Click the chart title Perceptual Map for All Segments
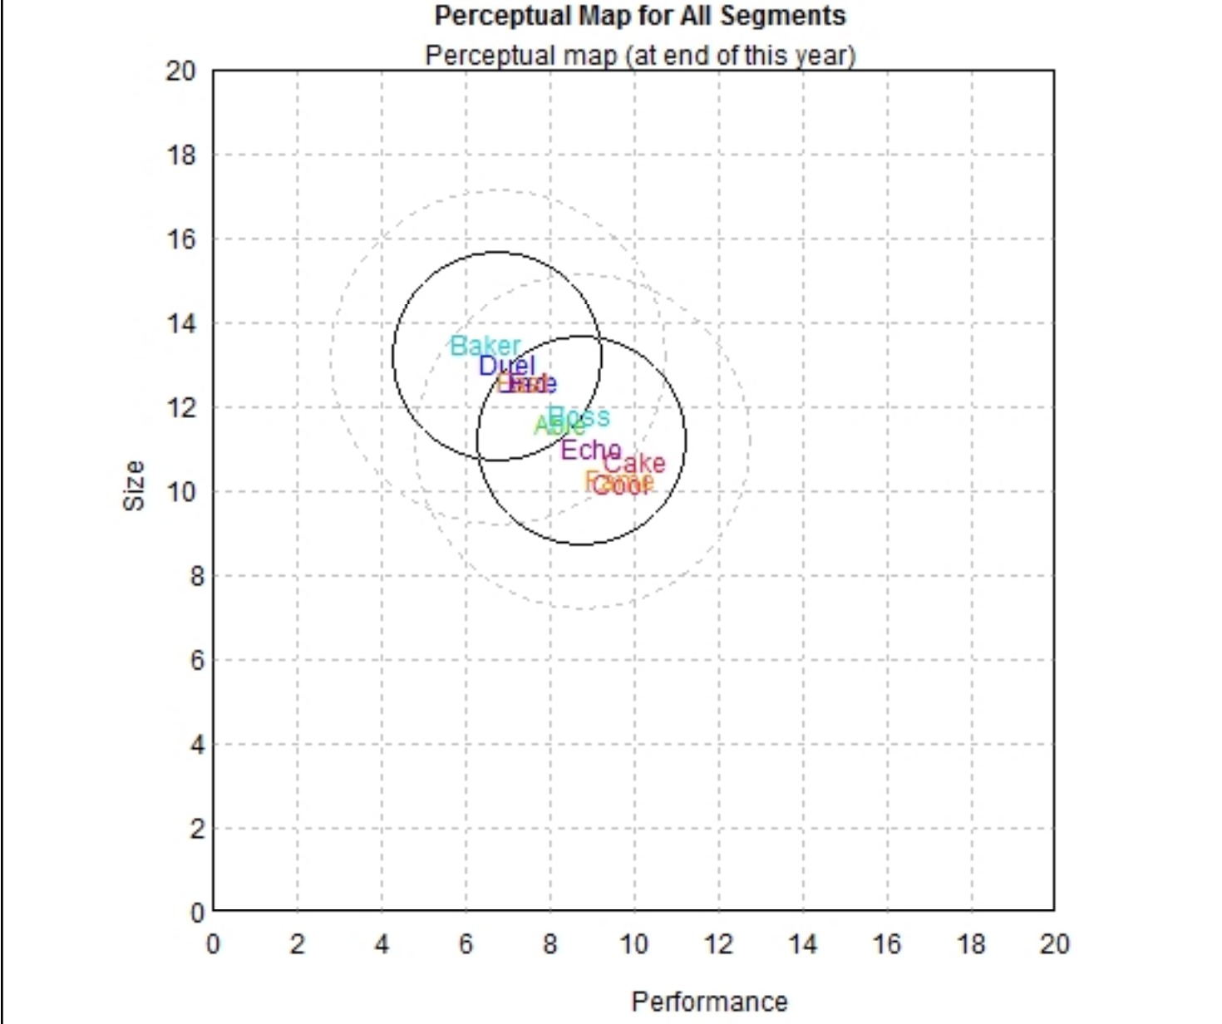[x=640, y=16]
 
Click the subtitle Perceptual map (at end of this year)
[x=640, y=56]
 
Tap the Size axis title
[x=134, y=485]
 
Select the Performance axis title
[x=709, y=1002]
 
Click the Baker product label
[x=485, y=346]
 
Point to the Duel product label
[x=506, y=366]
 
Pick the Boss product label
[x=580, y=416]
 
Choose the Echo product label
[x=590, y=450]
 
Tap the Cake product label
[x=635, y=463]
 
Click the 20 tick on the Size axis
[x=180, y=71]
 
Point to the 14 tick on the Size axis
[x=180, y=323]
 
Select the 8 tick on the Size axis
[x=196, y=576]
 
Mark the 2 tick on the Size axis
[x=196, y=829]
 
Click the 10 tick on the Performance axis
[x=633, y=944]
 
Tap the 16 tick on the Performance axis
[x=886, y=944]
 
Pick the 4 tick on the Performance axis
[x=382, y=944]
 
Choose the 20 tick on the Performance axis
[x=1054, y=944]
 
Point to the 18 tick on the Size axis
[x=180, y=155]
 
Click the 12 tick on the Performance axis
[x=718, y=944]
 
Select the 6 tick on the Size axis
[x=196, y=661]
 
